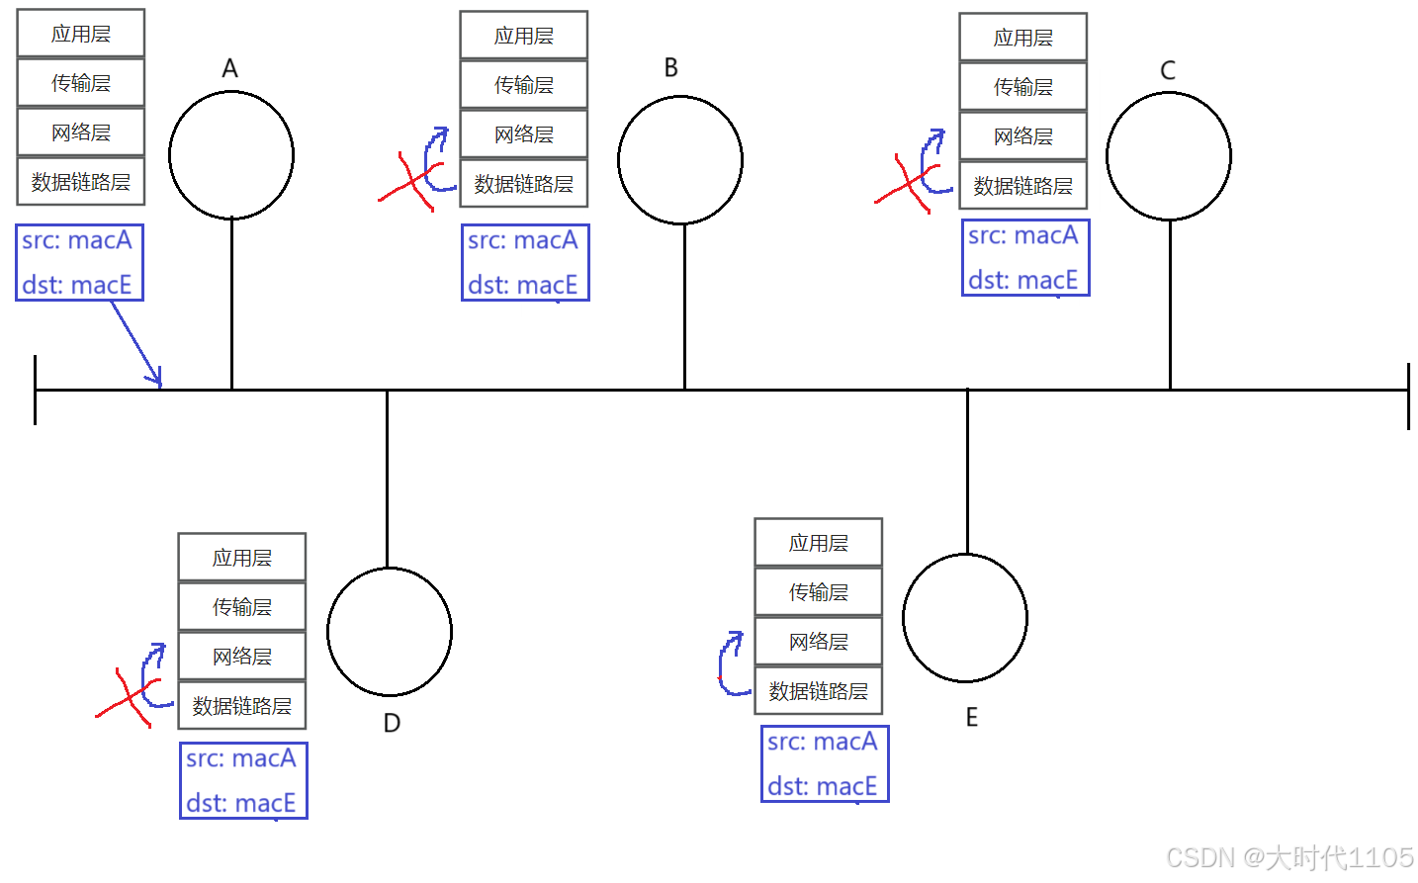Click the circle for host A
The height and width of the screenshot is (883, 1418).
(231, 155)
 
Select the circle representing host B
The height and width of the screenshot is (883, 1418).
(680, 160)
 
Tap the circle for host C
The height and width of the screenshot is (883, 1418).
(1169, 156)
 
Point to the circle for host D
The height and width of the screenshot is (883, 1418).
(390, 631)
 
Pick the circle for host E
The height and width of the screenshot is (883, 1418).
(965, 618)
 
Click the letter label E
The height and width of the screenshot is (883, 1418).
(972, 718)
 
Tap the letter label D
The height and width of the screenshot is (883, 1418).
(392, 724)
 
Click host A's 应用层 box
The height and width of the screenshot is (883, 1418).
(81, 34)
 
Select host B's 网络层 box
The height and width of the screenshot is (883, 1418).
(524, 134)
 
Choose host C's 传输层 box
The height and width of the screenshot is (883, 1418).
(1023, 87)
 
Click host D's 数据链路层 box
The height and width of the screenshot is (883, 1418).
(242, 706)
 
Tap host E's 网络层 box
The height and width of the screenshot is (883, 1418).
(819, 642)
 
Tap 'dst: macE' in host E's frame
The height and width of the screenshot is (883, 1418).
(823, 786)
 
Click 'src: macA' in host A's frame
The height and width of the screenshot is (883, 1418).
(77, 240)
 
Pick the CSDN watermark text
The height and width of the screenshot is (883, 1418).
(1289, 857)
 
